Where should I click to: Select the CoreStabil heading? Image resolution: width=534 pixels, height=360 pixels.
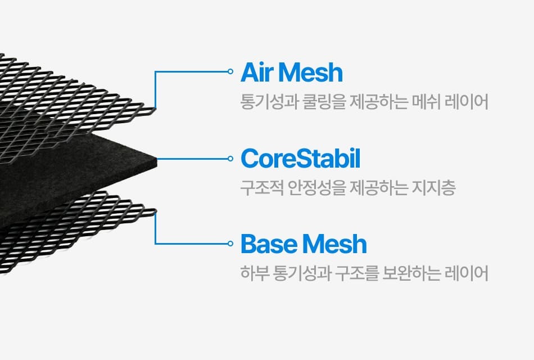(300, 159)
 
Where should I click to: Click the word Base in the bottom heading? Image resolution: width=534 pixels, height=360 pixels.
(266, 245)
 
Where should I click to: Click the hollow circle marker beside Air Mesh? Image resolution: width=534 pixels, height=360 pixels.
(230, 71)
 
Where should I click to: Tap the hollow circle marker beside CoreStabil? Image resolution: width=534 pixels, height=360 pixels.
(230, 159)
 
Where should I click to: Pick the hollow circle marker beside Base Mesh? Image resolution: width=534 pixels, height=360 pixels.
(230, 244)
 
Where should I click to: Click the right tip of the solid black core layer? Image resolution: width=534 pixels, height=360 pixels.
(156, 159)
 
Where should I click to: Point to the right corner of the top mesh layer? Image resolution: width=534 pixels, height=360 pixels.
(155, 107)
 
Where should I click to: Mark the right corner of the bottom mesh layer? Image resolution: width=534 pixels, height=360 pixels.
(155, 211)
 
